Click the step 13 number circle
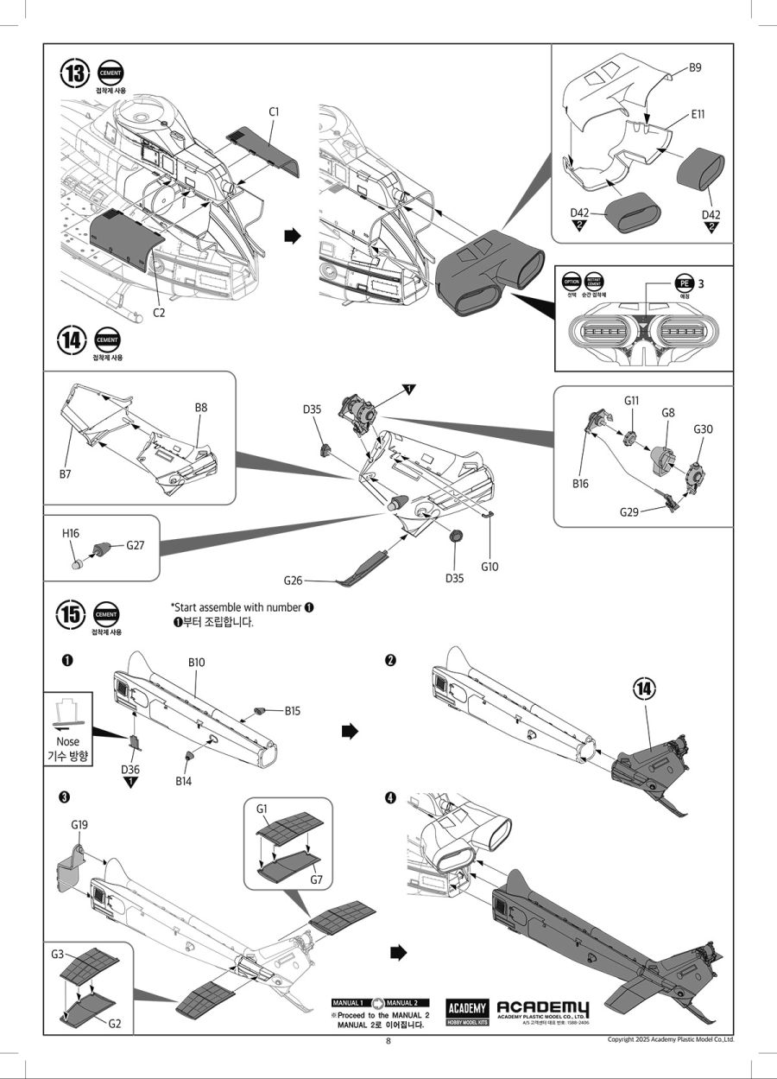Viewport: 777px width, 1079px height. [74, 73]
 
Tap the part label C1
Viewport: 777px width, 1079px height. [274, 111]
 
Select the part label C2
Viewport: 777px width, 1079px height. [159, 313]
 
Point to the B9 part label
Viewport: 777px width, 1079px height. [695, 67]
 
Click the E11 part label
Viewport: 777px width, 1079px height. [698, 113]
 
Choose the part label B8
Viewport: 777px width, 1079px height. [202, 407]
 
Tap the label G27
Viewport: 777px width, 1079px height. [136, 545]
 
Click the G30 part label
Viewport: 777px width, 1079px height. [704, 429]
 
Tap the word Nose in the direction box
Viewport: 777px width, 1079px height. [67, 741]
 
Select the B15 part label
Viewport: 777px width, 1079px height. [294, 711]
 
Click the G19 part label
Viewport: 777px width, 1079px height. [79, 825]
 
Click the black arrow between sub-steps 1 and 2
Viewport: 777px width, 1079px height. [350, 732]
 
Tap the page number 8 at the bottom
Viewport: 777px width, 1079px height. [388, 1041]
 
